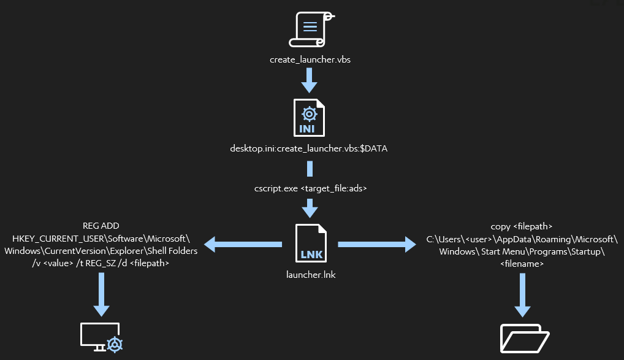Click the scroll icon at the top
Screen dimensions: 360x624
(x=310, y=29)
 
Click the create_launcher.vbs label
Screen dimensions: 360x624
(x=310, y=60)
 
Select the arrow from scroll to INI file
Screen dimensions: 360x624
(x=310, y=80)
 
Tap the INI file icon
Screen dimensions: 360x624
(x=310, y=117)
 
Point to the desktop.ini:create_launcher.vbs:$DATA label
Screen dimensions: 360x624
(x=310, y=148)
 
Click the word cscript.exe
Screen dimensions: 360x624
(x=276, y=189)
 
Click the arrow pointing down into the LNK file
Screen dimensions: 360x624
(x=310, y=209)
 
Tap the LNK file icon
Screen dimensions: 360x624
(x=311, y=244)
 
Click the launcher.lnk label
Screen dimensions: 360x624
(x=311, y=275)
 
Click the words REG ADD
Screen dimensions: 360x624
(x=101, y=226)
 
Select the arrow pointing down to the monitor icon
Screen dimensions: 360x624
(x=101, y=293)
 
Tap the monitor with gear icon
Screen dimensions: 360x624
(x=102, y=337)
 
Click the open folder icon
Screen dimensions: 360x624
(x=525, y=338)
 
